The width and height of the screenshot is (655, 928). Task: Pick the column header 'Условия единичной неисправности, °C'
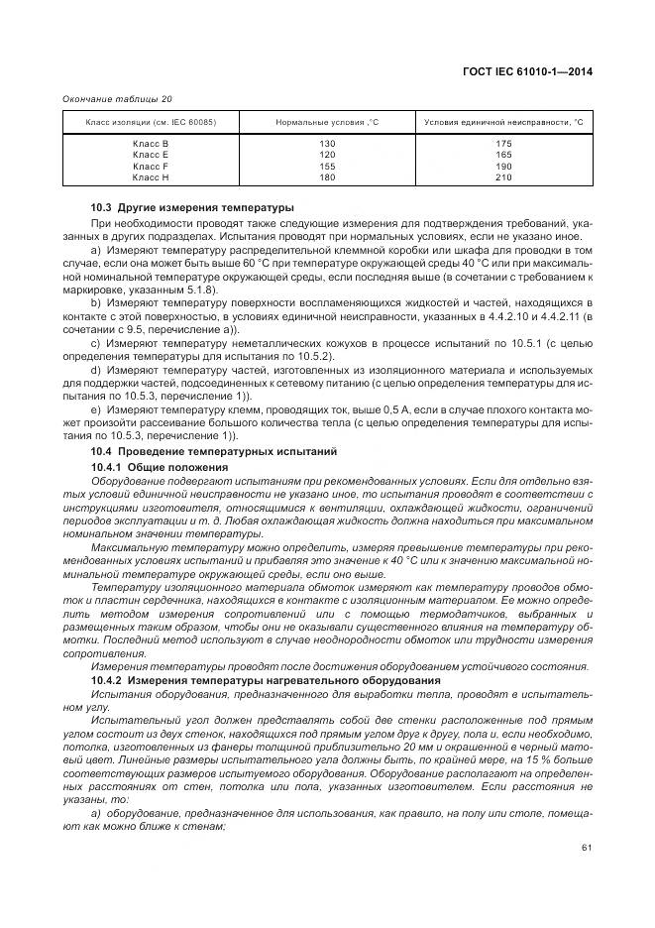pyautogui.click(x=502, y=122)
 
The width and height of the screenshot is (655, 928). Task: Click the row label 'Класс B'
pyautogui.click(x=151, y=145)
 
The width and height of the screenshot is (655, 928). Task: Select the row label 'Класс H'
pyautogui.click(x=151, y=177)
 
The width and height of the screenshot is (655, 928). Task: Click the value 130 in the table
pyautogui.click(x=327, y=145)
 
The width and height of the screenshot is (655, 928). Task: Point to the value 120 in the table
pyautogui.click(x=327, y=156)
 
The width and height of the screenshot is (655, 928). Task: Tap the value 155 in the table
pyautogui.click(x=327, y=167)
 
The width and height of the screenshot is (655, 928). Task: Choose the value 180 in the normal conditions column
pyautogui.click(x=327, y=177)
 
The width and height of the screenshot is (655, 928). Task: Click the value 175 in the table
pyautogui.click(x=502, y=145)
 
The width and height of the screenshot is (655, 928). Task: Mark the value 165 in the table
pyautogui.click(x=502, y=156)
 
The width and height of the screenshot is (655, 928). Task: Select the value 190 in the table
pyautogui.click(x=502, y=167)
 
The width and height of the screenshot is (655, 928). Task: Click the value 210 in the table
pyautogui.click(x=502, y=177)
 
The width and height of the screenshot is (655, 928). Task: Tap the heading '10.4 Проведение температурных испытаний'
pyautogui.click(x=214, y=452)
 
